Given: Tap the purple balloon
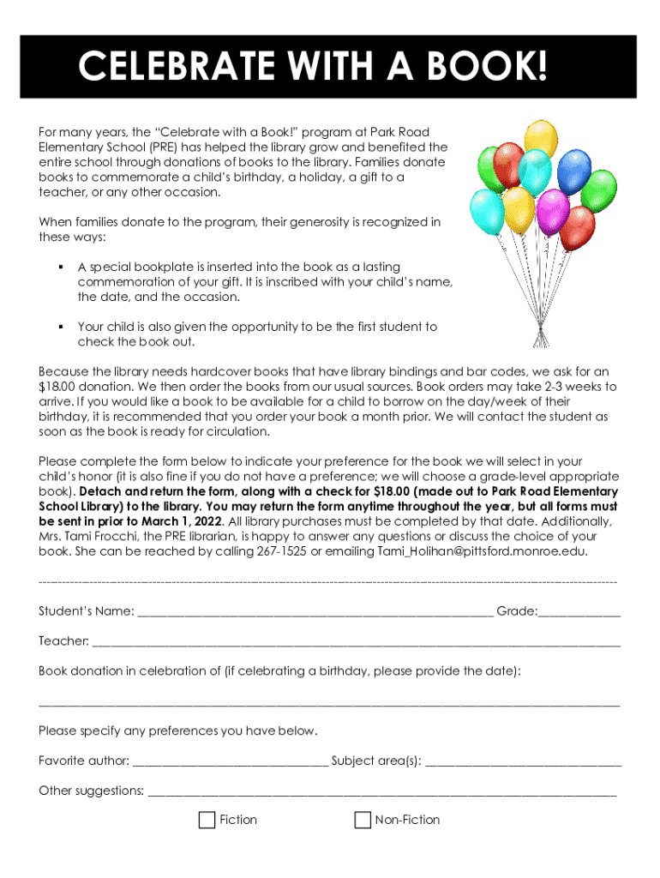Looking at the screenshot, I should click(x=552, y=209).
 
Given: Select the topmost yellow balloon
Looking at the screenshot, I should click(x=541, y=139).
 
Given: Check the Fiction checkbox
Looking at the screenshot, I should click(x=207, y=821).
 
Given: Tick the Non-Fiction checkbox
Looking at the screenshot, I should click(x=363, y=821).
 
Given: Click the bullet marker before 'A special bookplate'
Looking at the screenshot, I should click(x=61, y=267).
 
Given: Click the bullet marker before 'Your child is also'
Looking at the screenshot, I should click(x=61, y=327).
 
